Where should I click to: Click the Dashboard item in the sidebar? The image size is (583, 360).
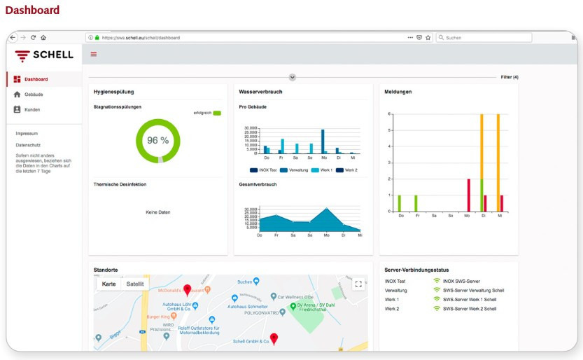click(x=35, y=79)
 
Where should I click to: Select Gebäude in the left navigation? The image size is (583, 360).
click(x=34, y=95)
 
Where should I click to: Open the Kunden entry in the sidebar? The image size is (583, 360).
click(x=32, y=110)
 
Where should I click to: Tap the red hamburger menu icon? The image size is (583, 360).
click(x=94, y=55)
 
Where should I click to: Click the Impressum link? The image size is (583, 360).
click(x=27, y=133)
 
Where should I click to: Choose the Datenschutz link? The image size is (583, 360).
click(x=29, y=145)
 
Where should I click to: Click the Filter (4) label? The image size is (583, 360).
click(x=509, y=77)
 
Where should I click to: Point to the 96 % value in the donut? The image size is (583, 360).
click(x=157, y=140)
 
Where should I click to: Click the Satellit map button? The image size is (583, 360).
click(x=134, y=284)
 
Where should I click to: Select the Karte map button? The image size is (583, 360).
click(x=109, y=284)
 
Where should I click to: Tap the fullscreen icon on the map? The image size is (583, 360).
click(x=358, y=284)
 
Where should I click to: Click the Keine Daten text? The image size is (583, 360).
click(x=157, y=212)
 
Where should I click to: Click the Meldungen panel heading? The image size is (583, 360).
click(x=398, y=92)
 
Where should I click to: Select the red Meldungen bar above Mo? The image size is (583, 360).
click(x=468, y=195)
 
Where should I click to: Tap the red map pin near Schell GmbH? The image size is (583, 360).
click(x=274, y=339)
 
